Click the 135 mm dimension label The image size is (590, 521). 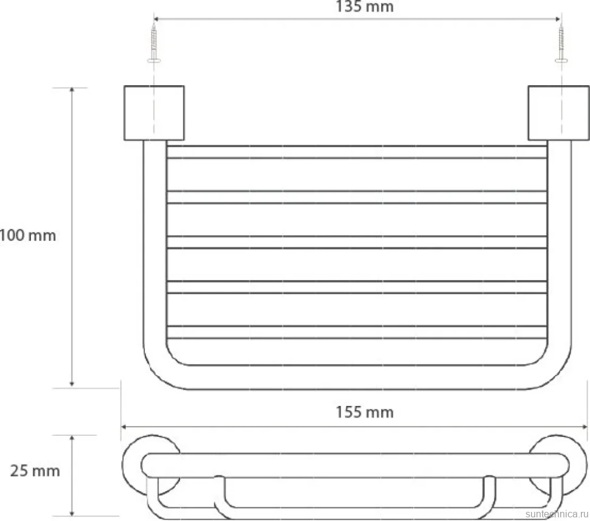pyautogui.click(x=364, y=7)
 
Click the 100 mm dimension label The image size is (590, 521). pyautogui.click(x=27, y=236)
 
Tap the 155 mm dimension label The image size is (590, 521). pyautogui.click(x=364, y=412)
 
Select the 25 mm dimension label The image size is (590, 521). pyautogui.click(x=35, y=471)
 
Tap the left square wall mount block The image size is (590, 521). pyautogui.click(x=154, y=113)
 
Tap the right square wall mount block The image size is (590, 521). pyautogui.click(x=558, y=113)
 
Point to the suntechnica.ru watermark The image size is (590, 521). pyautogui.click(x=557, y=514)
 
